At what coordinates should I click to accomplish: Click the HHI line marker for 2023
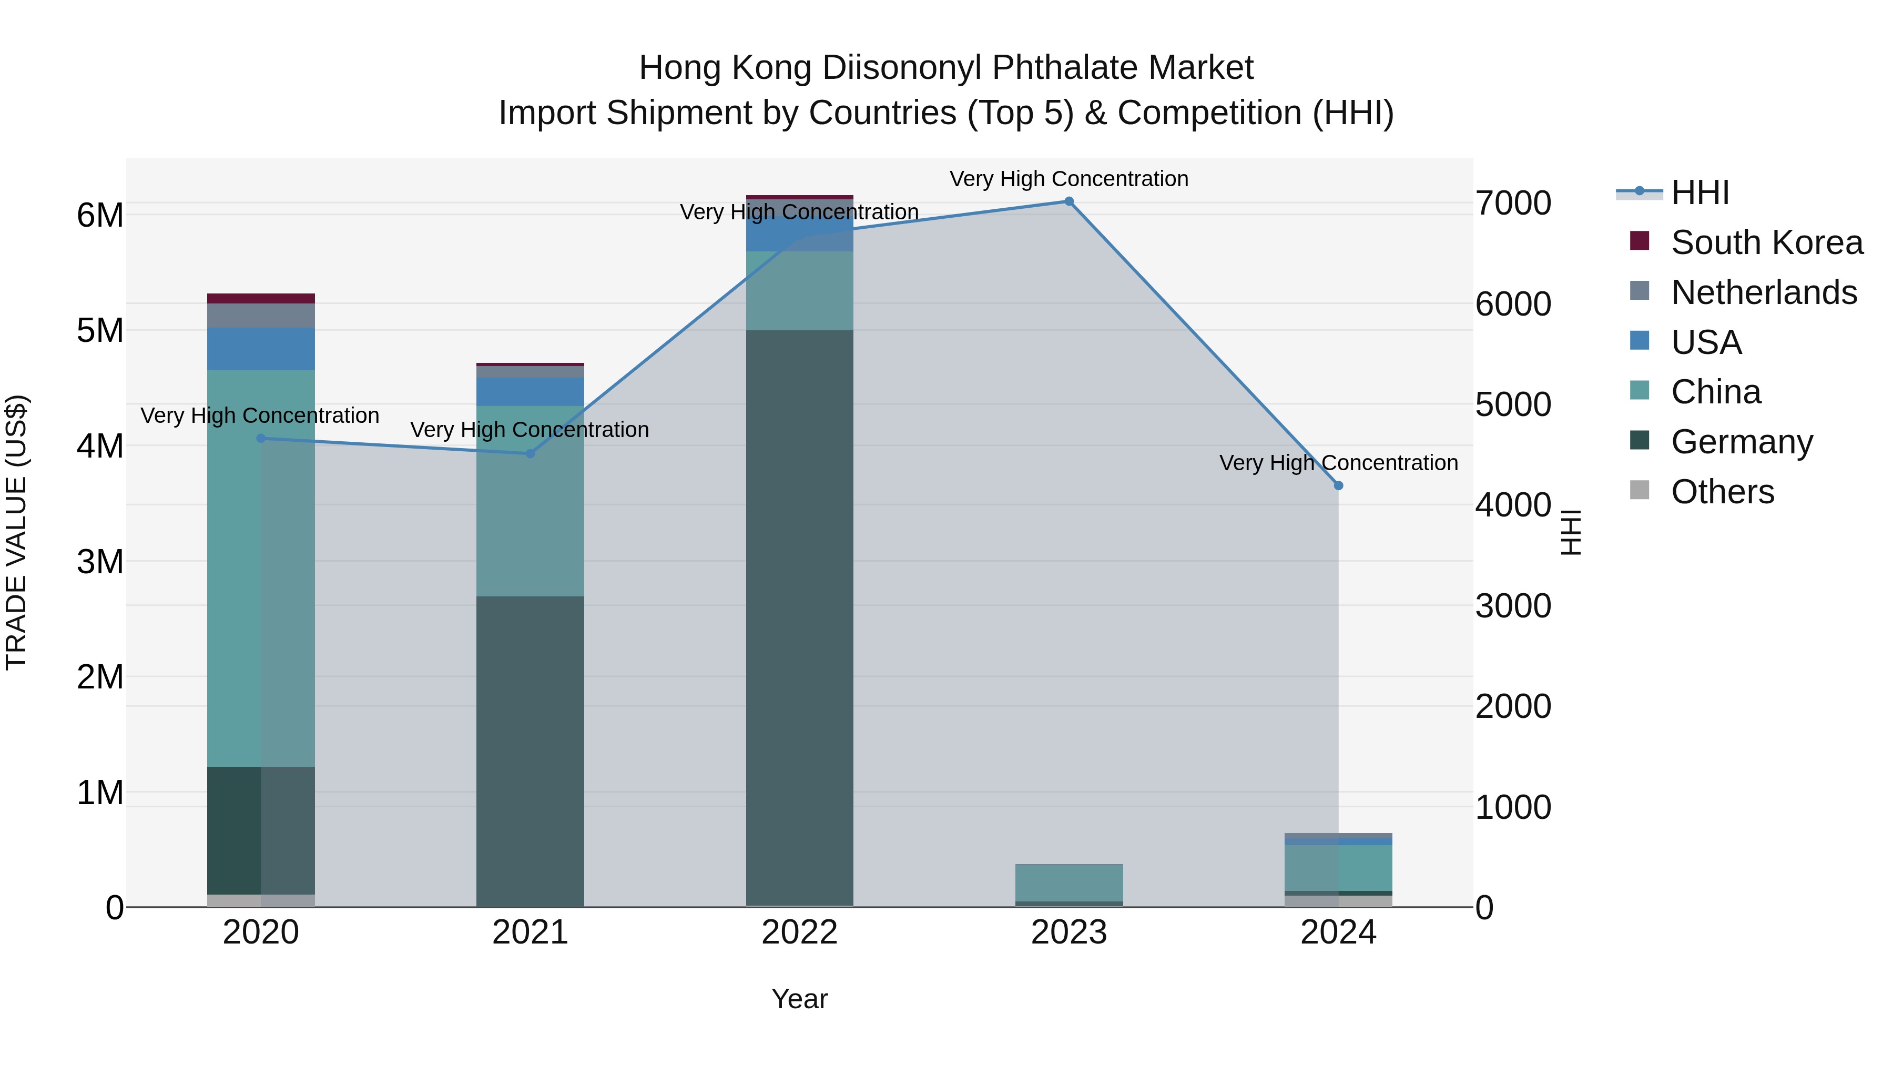[x=1069, y=201]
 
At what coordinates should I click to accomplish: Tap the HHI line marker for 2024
[x=1338, y=486]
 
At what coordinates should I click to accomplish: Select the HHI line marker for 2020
[x=261, y=439]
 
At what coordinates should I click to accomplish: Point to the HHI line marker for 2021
[x=531, y=453]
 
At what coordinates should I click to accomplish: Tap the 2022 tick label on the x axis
[x=799, y=932]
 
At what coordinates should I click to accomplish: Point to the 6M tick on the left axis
[x=100, y=215]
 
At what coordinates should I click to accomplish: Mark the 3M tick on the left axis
[x=100, y=562]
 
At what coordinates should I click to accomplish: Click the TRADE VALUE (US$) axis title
[x=16, y=532]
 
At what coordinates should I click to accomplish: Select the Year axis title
[x=799, y=999]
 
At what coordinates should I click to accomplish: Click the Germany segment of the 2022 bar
[x=799, y=617]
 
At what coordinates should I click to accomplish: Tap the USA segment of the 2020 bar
[x=261, y=349]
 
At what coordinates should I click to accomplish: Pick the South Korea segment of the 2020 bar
[x=261, y=298]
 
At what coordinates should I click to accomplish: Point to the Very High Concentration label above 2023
[x=1069, y=179]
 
